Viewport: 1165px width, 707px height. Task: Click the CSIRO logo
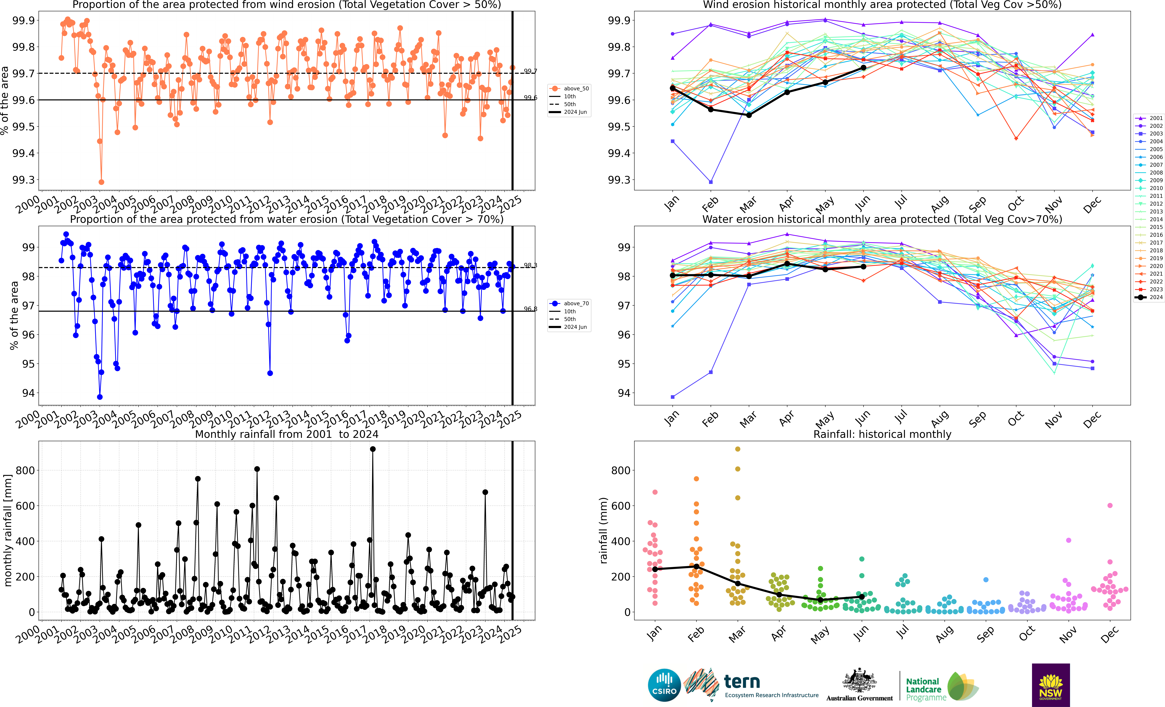coord(664,685)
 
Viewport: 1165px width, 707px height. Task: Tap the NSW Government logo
coord(1051,685)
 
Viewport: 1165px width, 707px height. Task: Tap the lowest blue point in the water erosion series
coord(100,397)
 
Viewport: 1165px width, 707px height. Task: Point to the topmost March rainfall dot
coord(738,449)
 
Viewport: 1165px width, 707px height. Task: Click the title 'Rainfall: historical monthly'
coord(882,434)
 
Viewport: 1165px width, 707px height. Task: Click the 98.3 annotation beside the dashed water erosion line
coord(530,265)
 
